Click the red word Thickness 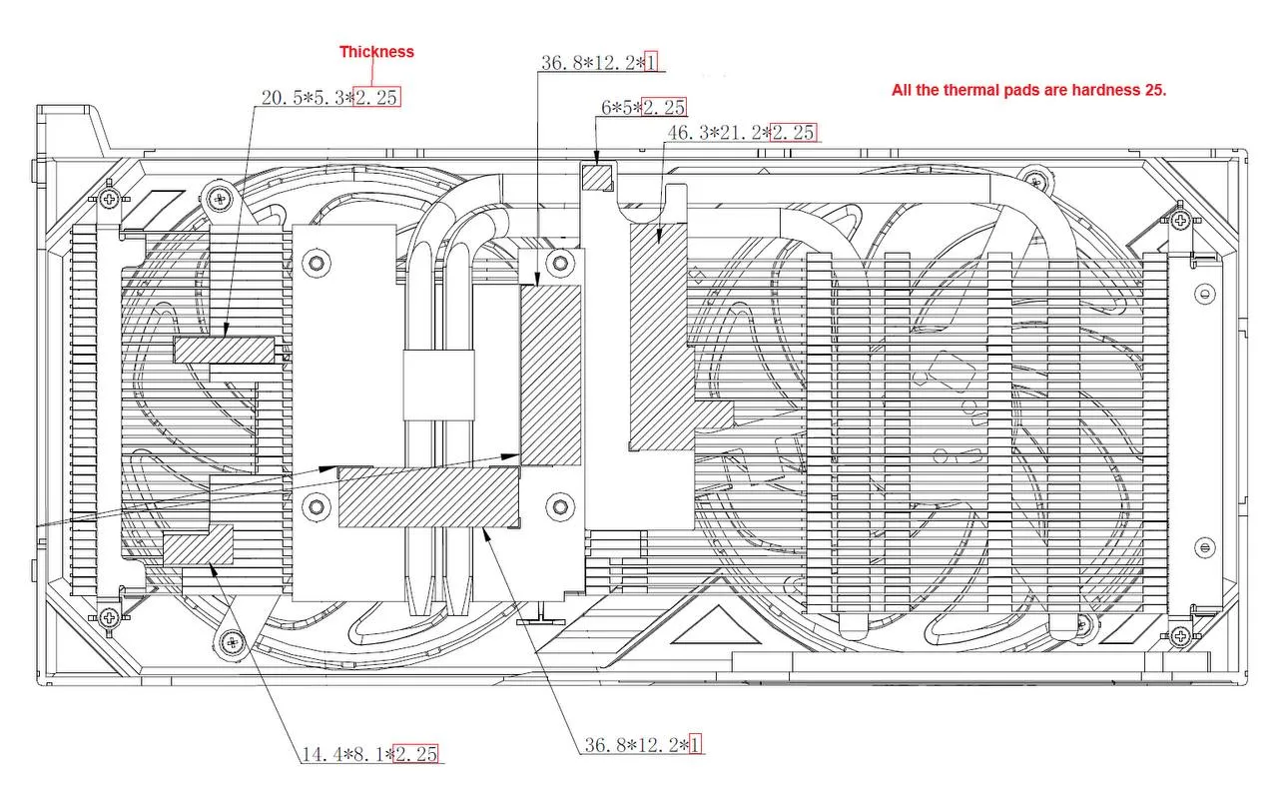click(x=376, y=52)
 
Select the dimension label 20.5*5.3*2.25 click(x=330, y=98)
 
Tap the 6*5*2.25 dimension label click(x=644, y=107)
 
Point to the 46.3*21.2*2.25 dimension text click(x=742, y=133)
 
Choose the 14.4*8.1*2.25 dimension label click(x=369, y=754)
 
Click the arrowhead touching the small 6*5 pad click(x=597, y=158)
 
